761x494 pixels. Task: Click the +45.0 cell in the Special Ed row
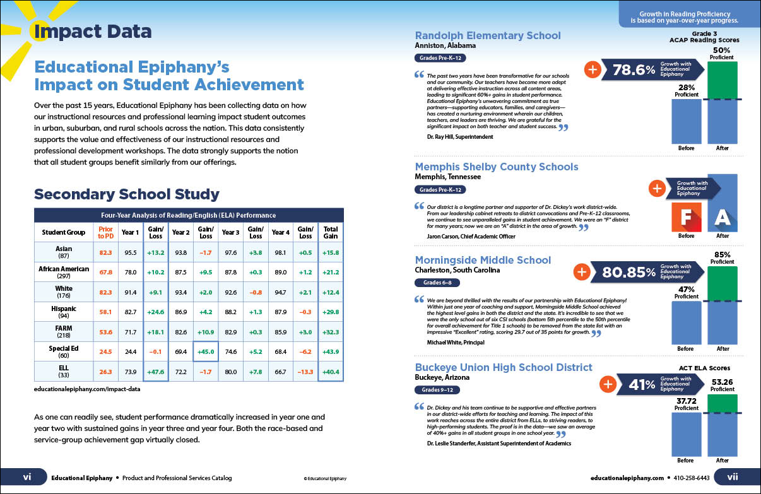[x=206, y=351]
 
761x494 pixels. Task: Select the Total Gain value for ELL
[x=331, y=371]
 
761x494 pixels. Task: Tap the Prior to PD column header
[x=105, y=233]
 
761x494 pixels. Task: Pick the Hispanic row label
[x=64, y=309]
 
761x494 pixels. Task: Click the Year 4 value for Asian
[x=280, y=252]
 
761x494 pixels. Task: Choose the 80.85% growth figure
[x=628, y=272]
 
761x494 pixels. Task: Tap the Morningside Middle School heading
[x=483, y=260]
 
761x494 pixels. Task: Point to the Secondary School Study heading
[x=126, y=194]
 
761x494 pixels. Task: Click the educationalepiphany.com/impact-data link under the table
[x=87, y=389]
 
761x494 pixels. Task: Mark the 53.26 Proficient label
[x=723, y=384]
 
